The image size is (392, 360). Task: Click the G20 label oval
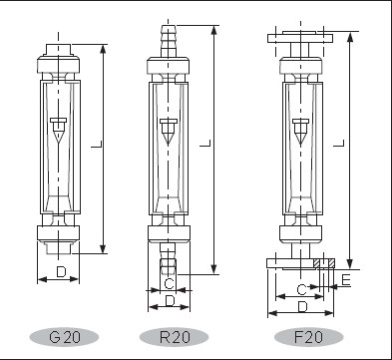click(64, 337)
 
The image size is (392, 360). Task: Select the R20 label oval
click(174, 337)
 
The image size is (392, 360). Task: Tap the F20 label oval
click(308, 337)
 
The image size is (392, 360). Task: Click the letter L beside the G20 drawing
click(97, 145)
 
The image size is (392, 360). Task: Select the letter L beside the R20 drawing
click(205, 143)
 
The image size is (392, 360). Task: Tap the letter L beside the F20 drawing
click(339, 143)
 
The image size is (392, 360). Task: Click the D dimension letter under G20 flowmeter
click(61, 272)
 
